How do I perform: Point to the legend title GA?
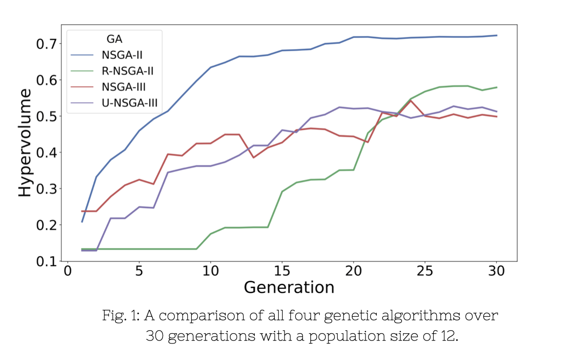(114, 39)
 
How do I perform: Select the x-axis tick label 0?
(67, 271)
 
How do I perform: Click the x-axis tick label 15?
(282, 271)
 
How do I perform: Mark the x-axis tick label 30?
(496, 271)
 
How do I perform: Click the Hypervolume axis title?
(24, 142)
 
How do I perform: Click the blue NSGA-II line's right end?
(497, 35)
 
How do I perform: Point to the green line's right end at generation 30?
(497, 87)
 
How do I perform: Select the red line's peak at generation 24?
(411, 100)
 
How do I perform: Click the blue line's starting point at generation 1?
(82, 222)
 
